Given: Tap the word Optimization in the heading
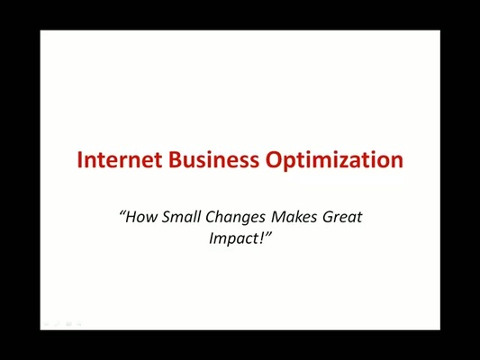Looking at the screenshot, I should click(x=334, y=161).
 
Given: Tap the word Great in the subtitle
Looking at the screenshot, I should click(x=344, y=217).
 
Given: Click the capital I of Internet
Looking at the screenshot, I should click(x=80, y=160).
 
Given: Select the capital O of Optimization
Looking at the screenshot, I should click(x=274, y=160).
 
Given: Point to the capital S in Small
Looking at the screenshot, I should click(x=167, y=217).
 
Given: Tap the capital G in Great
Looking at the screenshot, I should click(x=330, y=217).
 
